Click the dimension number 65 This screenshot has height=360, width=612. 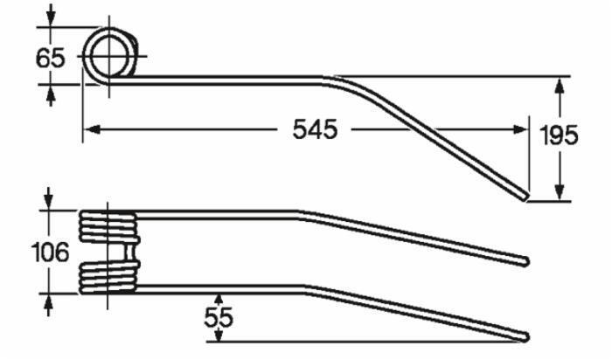point(51,59)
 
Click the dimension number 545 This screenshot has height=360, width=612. point(315,129)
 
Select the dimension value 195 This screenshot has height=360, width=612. point(559,135)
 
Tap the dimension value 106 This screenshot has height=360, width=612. point(51,252)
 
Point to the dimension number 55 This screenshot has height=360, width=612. point(219,317)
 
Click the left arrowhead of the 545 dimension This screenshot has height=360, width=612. point(92,129)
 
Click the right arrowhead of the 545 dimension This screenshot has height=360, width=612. point(520,129)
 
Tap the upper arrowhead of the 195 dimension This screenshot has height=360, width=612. point(560,85)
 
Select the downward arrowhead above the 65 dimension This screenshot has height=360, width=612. point(51,18)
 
